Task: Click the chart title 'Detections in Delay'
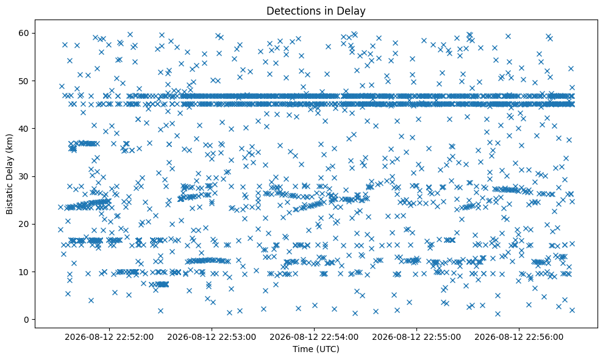click(316, 11)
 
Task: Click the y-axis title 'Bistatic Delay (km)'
click(9, 174)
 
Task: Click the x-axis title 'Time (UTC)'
click(316, 349)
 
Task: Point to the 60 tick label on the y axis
click(24, 33)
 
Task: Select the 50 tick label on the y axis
click(24, 81)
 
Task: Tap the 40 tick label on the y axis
click(24, 129)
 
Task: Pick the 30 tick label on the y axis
click(24, 176)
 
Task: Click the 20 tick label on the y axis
click(24, 224)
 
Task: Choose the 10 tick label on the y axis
click(24, 272)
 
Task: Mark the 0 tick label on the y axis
click(27, 320)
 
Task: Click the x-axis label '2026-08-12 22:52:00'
click(109, 337)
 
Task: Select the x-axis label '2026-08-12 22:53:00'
click(212, 337)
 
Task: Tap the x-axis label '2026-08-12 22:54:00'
click(314, 337)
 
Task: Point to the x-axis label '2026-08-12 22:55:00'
click(416, 337)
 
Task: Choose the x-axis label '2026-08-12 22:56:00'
click(519, 337)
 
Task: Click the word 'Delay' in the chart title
click(352, 12)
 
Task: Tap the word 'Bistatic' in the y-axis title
click(9, 198)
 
